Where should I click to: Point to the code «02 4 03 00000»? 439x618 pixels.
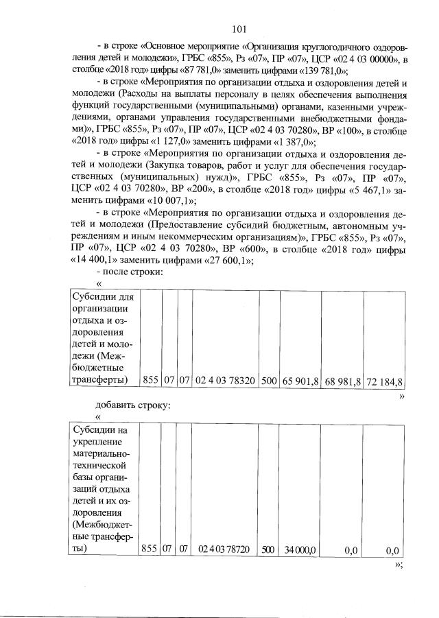pyautogui.click(x=364, y=59)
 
